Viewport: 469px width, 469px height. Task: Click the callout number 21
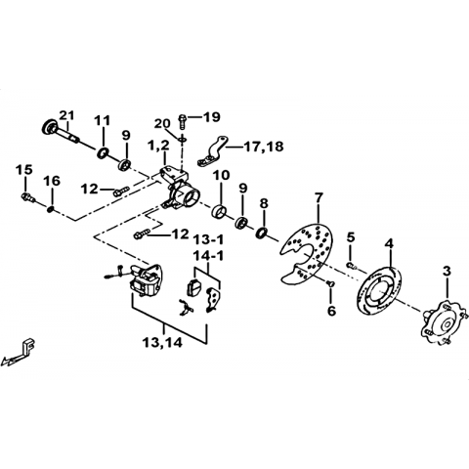coord(66,115)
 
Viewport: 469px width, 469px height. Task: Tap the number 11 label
coord(103,121)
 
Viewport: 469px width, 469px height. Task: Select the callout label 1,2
coord(158,147)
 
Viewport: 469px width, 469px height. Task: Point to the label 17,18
coord(263,147)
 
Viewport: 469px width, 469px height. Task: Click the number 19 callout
coord(212,117)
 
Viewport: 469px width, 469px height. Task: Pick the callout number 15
coord(25,170)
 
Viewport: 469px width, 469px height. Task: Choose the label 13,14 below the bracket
coord(162,343)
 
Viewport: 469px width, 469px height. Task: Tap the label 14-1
coord(208,257)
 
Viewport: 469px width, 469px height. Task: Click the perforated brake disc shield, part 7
coord(307,253)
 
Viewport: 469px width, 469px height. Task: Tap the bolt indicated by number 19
coord(182,121)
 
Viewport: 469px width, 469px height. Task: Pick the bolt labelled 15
coord(27,197)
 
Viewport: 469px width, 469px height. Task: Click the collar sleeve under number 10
coord(219,211)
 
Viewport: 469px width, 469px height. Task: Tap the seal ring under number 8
coord(262,233)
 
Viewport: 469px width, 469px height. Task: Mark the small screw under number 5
coord(351,266)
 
